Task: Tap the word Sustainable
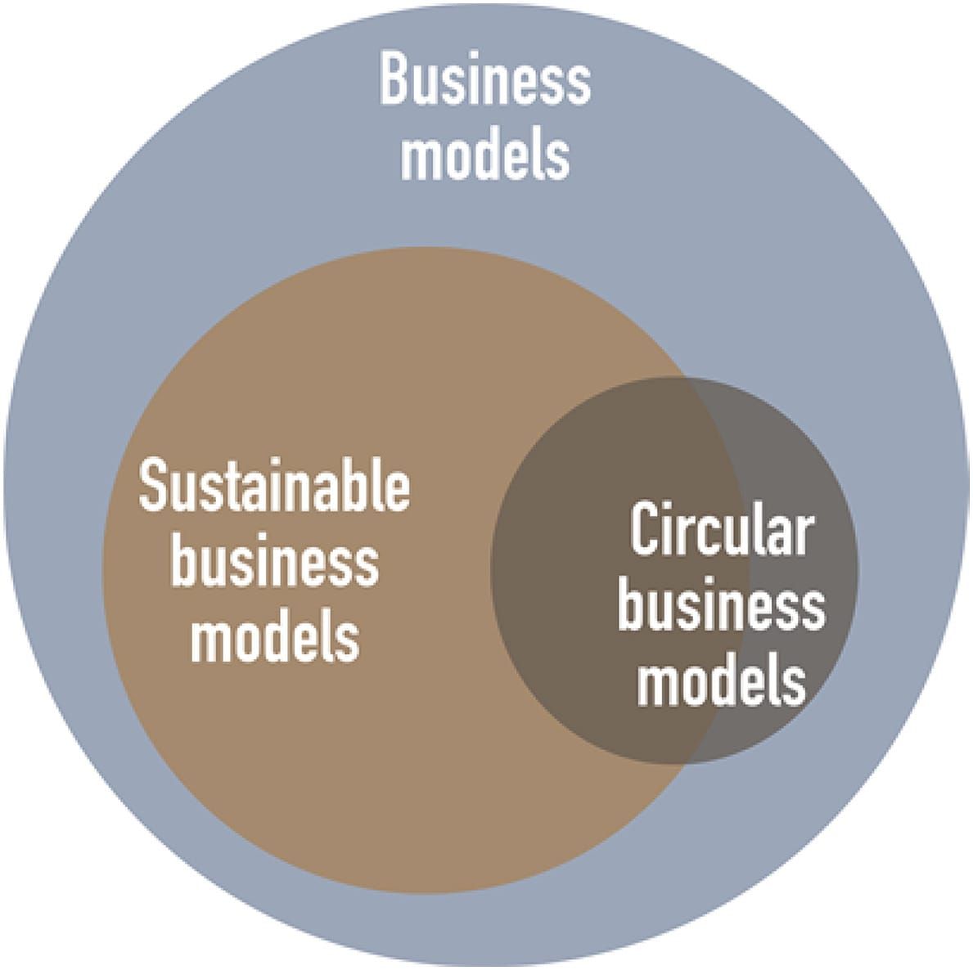point(274,487)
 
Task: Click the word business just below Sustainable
point(274,563)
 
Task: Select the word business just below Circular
point(720,607)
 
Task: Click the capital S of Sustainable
point(153,487)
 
